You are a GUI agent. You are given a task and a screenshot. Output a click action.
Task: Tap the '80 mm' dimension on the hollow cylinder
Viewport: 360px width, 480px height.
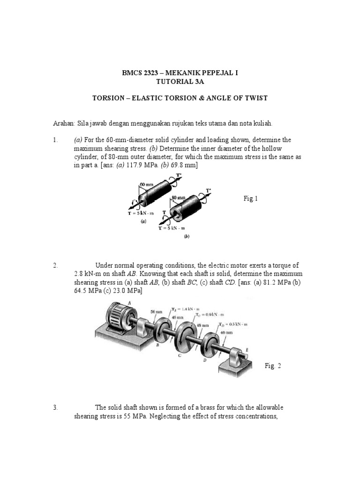(179, 198)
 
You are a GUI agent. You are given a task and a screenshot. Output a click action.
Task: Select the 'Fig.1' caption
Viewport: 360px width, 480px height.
(251, 199)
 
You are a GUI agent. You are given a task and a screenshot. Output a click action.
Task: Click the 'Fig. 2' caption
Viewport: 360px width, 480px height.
(272, 366)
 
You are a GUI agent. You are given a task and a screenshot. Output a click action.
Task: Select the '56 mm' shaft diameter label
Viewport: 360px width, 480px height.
(156, 311)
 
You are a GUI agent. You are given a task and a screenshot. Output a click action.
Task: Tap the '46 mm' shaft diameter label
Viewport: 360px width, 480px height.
(225, 332)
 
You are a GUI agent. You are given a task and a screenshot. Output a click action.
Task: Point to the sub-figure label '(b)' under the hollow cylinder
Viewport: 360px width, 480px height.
(187, 237)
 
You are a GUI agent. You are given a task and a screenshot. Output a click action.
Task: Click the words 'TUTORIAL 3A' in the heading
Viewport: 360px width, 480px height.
(180, 81)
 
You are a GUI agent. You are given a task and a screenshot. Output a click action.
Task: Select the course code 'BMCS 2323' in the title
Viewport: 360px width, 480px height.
(138, 73)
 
